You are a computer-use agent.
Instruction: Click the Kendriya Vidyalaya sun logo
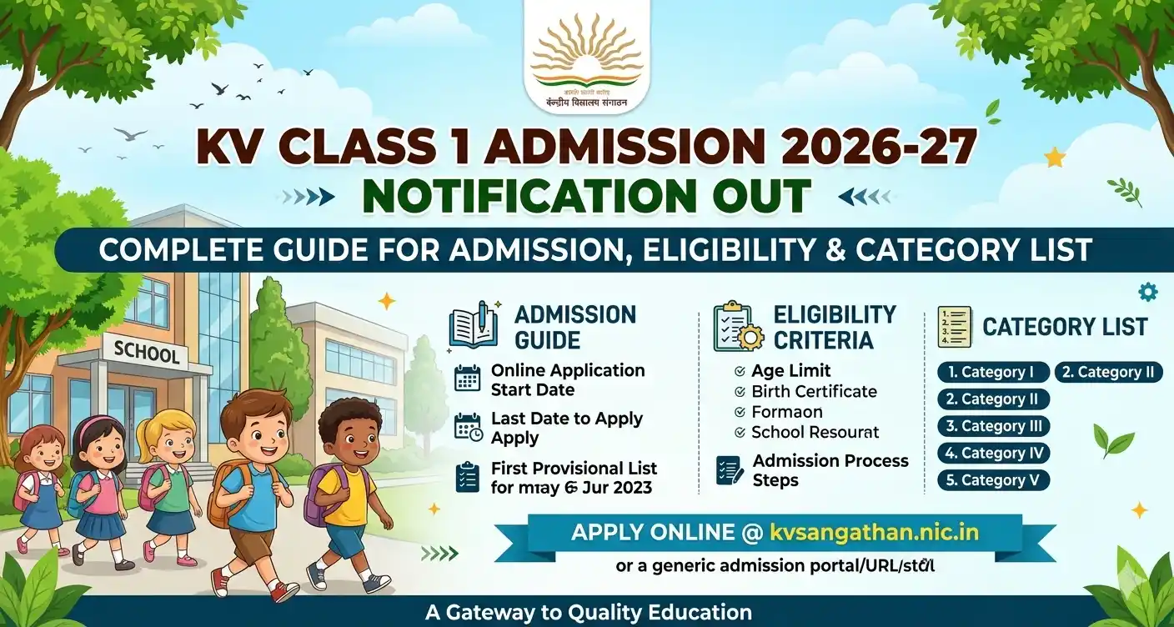tap(586, 58)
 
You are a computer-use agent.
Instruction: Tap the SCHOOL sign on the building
tap(147, 354)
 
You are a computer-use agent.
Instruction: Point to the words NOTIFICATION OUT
tap(586, 195)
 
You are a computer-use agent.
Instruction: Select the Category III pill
tap(993, 426)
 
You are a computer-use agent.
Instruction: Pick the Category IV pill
tap(993, 454)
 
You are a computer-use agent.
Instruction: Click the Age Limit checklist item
tap(790, 371)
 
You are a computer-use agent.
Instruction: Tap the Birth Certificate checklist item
tap(814, 391)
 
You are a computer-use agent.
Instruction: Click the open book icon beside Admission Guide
tap(474, 325)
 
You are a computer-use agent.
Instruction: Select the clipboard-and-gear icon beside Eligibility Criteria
tap(737, 326)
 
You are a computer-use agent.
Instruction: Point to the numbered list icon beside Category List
tap(954, 326)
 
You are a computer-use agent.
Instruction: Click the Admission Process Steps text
tap(830, 470)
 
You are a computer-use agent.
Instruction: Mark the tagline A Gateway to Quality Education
tap(588, 612)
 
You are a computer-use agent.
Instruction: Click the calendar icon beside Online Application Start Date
tap(468, 379)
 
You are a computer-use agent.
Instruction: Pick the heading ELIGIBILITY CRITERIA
tap(834, 327)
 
